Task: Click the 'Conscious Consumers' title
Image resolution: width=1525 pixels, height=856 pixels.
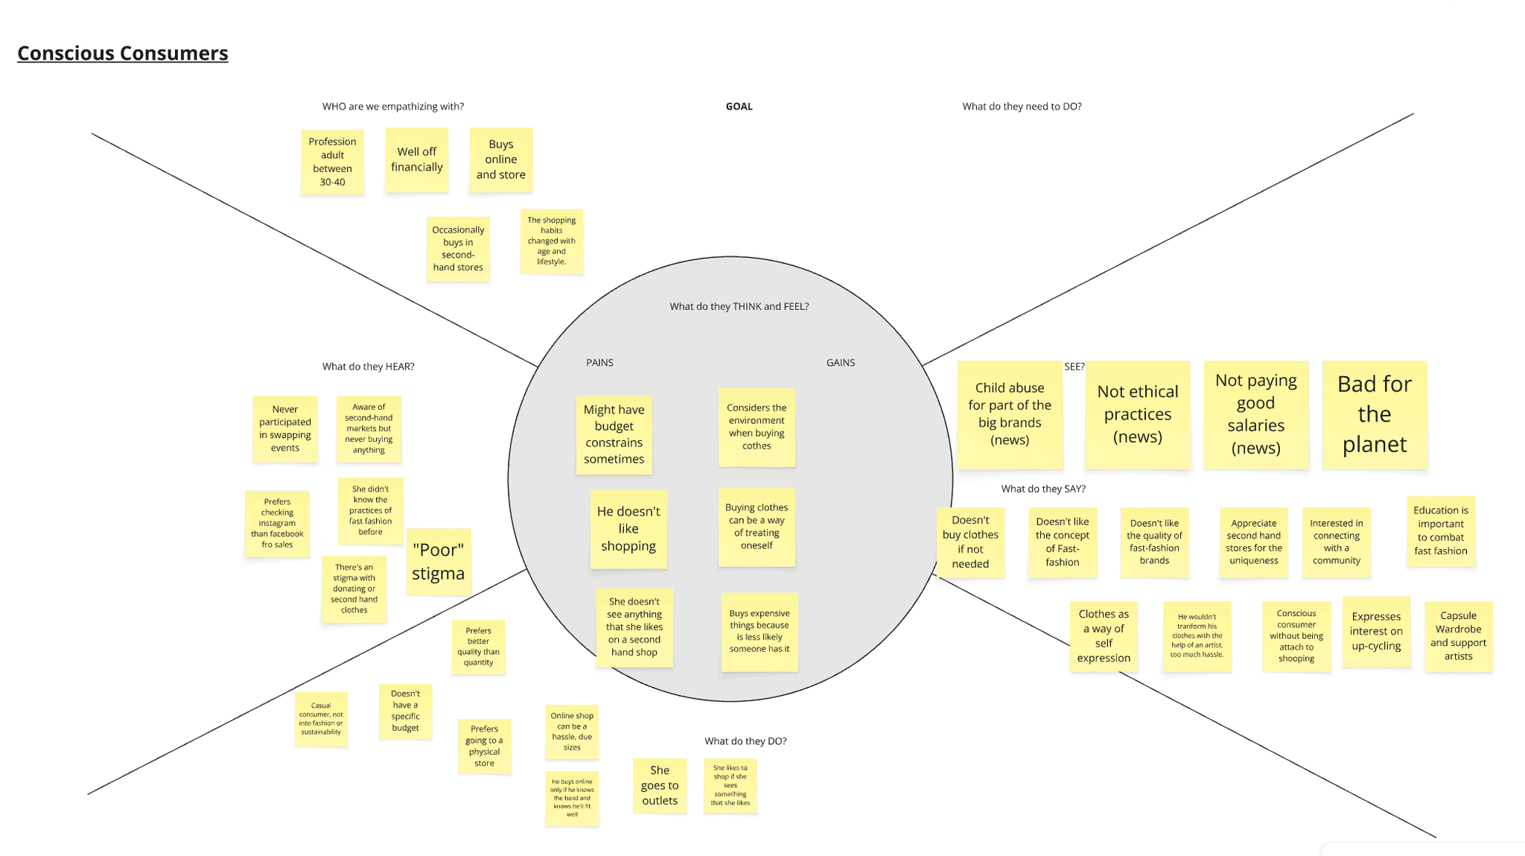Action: coord(123,54)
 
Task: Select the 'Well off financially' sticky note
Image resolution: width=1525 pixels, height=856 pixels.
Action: coord(417,159)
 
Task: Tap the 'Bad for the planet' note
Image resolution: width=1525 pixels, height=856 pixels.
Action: coord(1375,414)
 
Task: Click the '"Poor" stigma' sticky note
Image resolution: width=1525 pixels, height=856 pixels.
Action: coord(439,562)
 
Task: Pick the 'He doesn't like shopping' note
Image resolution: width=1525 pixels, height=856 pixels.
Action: coord(628,529)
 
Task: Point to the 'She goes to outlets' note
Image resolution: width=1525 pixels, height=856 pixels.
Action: coord(660,785)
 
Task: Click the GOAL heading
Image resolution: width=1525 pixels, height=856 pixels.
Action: coord(739,107)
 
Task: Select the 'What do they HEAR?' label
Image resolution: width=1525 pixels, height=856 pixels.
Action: coord(368,367)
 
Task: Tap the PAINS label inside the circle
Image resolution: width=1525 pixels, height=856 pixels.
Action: coord(599,363)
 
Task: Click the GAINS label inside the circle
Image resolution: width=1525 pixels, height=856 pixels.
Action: coord(841,363)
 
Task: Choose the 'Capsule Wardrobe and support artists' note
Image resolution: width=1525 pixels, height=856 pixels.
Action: coord(1458,636)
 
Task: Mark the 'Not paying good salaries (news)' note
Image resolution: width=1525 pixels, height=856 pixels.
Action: coord(1256,414)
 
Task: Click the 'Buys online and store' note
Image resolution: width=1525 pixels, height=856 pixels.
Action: coord(501,159)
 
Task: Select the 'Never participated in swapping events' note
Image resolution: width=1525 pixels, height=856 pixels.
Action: coord(285,428)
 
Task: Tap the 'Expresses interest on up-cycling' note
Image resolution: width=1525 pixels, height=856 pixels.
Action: coord(1376,631)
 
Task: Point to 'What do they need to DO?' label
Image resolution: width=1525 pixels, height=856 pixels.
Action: coord(1022,107)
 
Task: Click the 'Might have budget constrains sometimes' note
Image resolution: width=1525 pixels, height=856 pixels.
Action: coord(614,434)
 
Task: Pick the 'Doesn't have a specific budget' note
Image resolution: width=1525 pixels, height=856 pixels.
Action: coord(406,711)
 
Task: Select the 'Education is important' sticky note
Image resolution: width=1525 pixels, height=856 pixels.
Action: coord(1441,530)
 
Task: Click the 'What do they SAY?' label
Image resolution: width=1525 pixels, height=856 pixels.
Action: coord(1043,489)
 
